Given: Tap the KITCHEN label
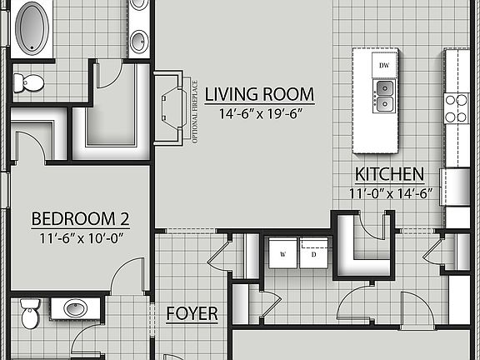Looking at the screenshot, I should pyautogui.click(x=389, y=175).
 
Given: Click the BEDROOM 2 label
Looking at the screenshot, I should pyautogui.click(x=80, y=219).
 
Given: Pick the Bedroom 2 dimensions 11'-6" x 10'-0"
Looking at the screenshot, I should pyautogui.click(x=80, y=237).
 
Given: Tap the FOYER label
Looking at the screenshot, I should pyautogui.click(x=192, y=314).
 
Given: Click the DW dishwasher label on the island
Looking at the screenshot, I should pyautogui.click(x=384, y=65).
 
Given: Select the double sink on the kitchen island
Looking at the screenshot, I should pyautogui.click(x=384, y=96).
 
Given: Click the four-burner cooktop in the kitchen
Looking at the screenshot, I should pyautogui.click(x=457, y=107).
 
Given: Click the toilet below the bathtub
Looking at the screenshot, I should pyautogui.click(x=29, y=82).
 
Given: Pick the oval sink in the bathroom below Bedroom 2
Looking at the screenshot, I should pyautogui.click(x=75, y=307).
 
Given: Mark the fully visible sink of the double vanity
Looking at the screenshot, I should pyautogui.click(x=139, y=40).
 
